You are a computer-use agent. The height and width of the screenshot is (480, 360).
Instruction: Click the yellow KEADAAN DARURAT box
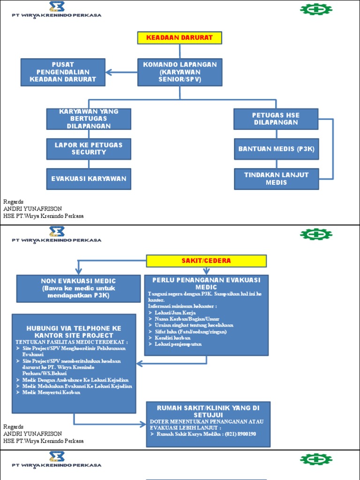[179, 37]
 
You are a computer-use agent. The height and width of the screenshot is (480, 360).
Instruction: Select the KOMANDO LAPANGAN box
[180, 72]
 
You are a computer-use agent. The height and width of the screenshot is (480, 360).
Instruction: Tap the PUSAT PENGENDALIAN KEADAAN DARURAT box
[63, 72]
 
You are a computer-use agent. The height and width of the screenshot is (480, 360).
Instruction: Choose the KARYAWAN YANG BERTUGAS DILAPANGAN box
[89, 119]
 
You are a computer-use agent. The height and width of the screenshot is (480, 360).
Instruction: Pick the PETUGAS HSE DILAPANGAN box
[276, 119]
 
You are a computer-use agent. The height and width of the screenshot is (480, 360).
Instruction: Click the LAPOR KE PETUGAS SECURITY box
[89, 149]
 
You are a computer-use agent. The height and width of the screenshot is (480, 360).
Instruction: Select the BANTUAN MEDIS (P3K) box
[276, 149]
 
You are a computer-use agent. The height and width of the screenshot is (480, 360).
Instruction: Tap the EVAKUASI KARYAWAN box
[89, 179]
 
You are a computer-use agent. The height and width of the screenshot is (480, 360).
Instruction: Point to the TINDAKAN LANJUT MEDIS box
[276, 179]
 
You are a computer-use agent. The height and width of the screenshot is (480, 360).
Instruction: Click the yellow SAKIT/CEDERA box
[206, 261]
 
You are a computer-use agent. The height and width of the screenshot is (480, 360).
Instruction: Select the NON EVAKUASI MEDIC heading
[78, 281]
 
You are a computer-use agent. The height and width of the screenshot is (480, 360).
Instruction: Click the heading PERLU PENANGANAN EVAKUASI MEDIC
[206, 283]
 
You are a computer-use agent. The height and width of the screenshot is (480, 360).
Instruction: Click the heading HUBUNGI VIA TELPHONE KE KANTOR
[74, 332]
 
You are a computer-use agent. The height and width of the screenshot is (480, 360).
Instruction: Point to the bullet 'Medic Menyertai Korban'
[51, 392]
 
